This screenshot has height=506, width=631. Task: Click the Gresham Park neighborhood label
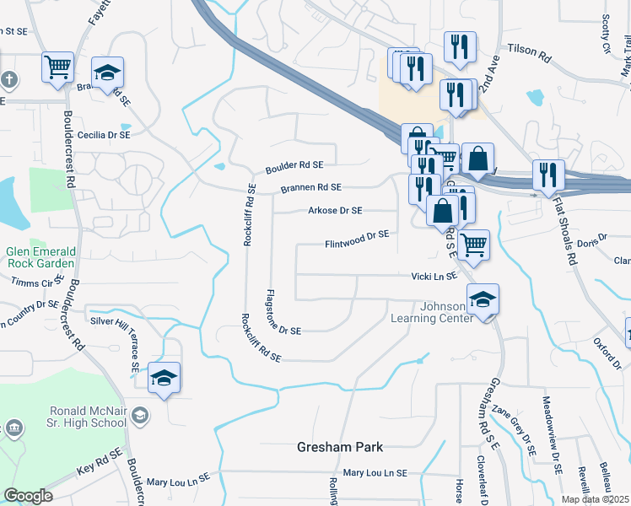pyautogui.click(x=340, y=446)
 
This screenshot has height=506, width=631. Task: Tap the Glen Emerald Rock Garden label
pyautogui.click(x=40, y=256)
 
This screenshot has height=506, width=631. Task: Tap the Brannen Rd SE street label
pyautogui.click(x=310, y=187)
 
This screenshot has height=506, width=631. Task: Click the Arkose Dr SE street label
pyautogui.click(x=335, y=211)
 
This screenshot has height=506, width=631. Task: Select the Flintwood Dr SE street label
pyautogui.click(x=357, y=240)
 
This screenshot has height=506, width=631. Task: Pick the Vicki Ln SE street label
pyautogui.click(x=434, y=276)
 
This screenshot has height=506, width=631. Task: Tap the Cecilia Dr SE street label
pyautogui.click(x=103, y=135)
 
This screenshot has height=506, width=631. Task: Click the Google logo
pyautogui.click(x=28, y=496)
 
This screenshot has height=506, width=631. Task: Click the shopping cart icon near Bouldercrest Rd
pyautogui.click(x=57, y=67)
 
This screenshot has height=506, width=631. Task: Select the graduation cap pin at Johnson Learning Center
pyautogui.click(x=483, y=299)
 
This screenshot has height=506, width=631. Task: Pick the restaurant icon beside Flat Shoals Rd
pyautogui.click(x=548, y=175)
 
